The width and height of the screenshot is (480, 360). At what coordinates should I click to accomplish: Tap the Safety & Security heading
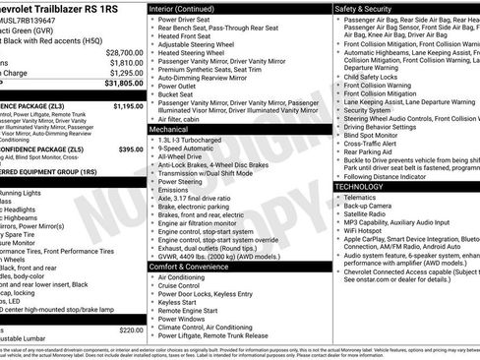pos(371,8)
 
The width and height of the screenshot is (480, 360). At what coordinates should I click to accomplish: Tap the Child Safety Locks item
pos(378,76)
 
